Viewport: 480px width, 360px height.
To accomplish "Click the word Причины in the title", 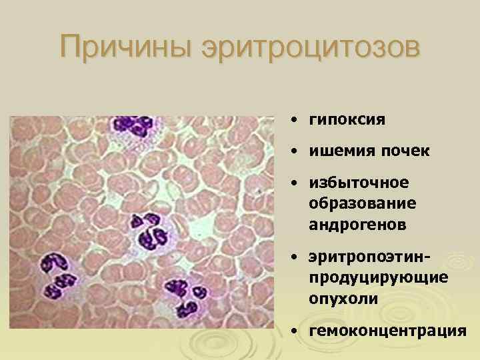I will [x=121, y=49].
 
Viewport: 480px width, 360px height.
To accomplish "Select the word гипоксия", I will [x=347, y=120].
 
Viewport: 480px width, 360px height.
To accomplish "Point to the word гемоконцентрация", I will [x=387, y=330].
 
